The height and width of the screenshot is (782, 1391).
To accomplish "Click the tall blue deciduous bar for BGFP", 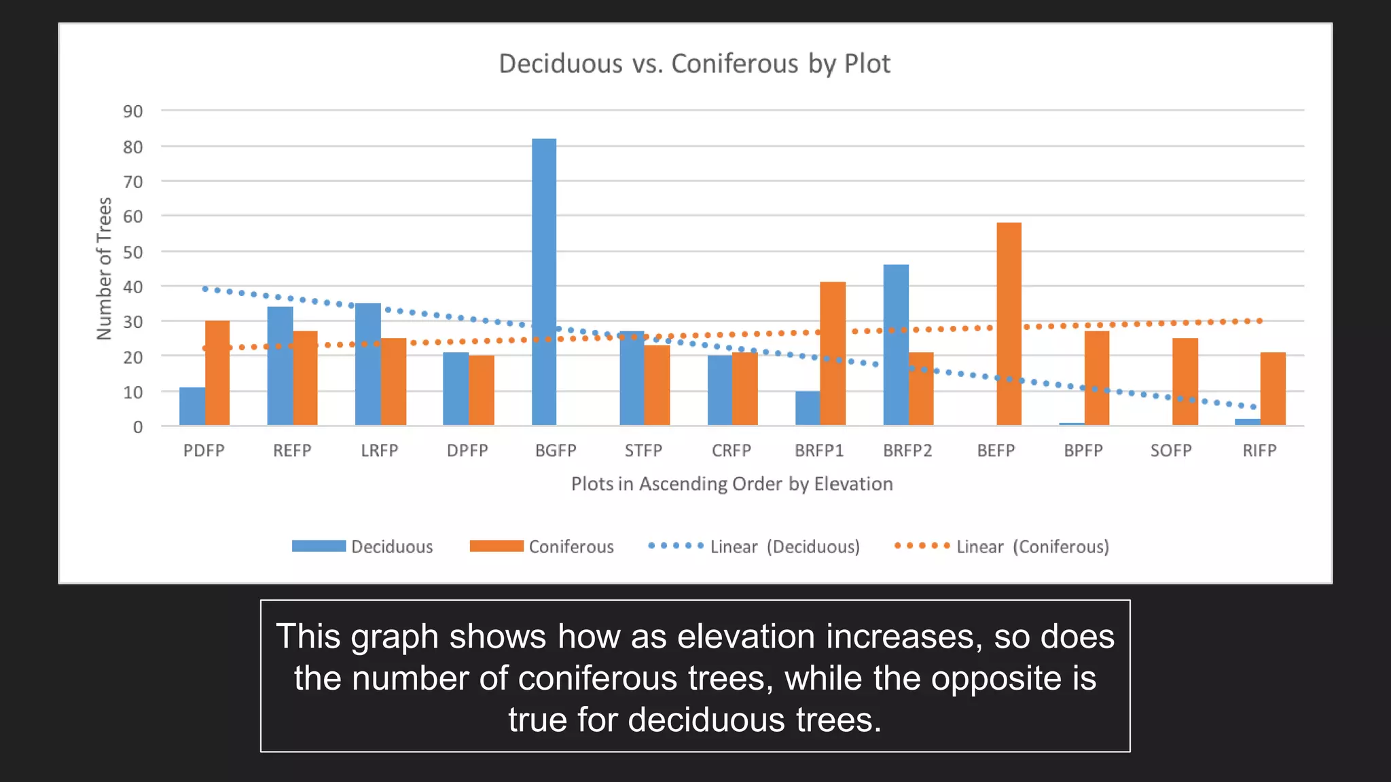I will (544, 282).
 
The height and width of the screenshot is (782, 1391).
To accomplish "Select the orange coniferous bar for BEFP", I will (1009, 324).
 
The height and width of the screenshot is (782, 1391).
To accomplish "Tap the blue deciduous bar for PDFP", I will (192, 406).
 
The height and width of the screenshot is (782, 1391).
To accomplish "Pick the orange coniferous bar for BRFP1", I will (833, 353).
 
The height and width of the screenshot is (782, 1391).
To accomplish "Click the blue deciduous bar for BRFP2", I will (896, 345).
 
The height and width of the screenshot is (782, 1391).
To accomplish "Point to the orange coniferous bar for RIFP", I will (1273, 388).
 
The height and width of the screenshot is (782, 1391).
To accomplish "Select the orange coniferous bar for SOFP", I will (1185, 381).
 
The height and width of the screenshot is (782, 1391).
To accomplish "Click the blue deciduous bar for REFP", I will (280, 366).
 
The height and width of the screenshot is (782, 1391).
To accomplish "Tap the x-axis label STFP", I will (643, 451).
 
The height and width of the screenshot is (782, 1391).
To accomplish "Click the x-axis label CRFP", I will (731, 451).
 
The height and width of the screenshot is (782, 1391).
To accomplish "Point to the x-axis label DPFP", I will (467, 451).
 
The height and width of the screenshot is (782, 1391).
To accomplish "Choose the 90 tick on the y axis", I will (133, 111).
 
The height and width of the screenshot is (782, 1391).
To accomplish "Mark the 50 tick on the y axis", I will (133, 253).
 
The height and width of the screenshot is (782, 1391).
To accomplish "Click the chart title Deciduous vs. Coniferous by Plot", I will (694, 64).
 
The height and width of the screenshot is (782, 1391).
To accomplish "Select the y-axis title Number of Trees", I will (104, 268).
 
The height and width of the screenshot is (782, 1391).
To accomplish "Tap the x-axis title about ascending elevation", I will (731, 484).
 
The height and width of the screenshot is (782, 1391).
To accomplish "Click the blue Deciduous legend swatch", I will (319, 546).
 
